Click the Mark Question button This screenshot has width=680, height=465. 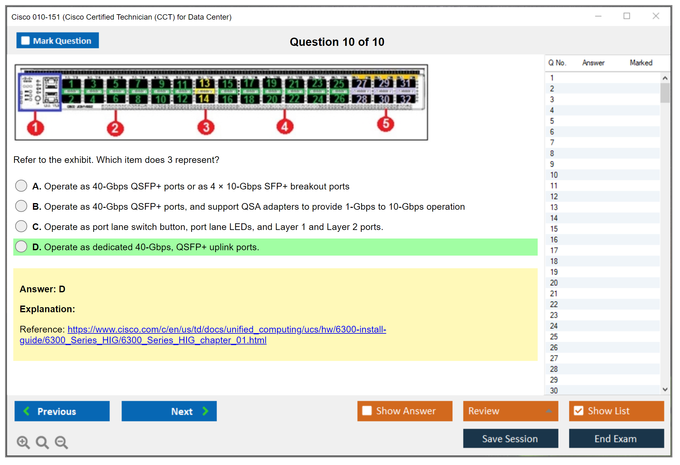click(58, 40)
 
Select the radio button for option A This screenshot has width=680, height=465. click(21, 186)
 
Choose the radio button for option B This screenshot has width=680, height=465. click(21, 206)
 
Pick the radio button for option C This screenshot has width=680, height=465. click(21, 226)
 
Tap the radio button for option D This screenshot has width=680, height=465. click(21, 246)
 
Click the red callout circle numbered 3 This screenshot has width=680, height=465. click(206, 127)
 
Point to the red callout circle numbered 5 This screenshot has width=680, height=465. click(386, 124)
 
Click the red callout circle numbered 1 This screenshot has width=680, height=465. click(35, 128)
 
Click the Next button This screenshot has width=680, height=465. click(169, 411)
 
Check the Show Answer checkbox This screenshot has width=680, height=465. click(367, 411)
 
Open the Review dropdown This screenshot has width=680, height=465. click(510, 411)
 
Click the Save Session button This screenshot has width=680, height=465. click(510, 438)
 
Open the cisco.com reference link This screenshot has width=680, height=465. click(226, 330)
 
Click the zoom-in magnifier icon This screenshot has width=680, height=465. click(23, 442)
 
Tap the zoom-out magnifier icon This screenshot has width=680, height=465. click(61, 442)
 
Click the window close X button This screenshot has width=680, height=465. click(656, 16)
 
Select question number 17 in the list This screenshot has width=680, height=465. click(554, 251)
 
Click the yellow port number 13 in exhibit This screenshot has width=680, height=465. click(205, 84)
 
